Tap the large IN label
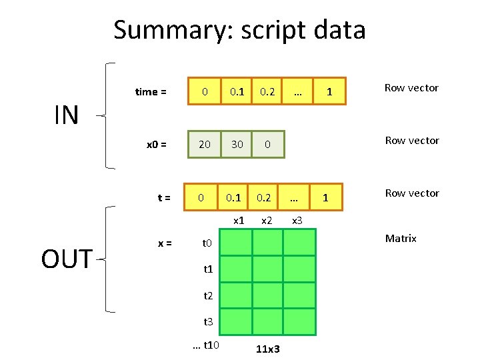66,115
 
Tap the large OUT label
66,259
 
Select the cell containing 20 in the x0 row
205,145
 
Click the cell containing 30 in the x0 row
237,145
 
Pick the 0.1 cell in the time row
237,92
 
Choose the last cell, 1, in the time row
329,92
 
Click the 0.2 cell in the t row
265,197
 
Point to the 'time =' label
151,92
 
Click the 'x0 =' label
157,145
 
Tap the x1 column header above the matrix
237,220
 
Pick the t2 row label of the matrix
207,296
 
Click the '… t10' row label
207,345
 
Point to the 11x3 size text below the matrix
267,349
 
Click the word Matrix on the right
401,238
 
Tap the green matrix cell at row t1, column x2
267,268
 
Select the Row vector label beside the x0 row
412,141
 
